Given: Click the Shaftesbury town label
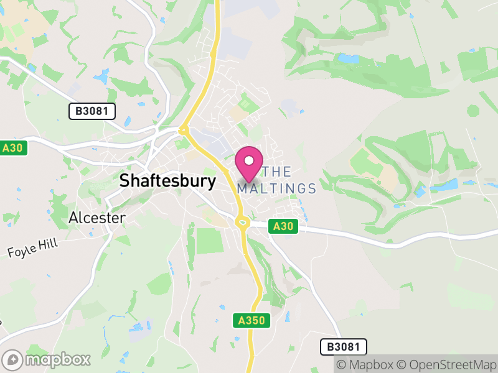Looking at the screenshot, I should point(167,181).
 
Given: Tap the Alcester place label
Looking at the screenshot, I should point(96,218).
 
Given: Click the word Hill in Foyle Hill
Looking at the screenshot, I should point(49,242).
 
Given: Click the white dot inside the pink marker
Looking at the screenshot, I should point(249,160).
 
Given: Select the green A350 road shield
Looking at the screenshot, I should point(253,321).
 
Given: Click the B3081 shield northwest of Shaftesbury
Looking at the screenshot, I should point(92,111).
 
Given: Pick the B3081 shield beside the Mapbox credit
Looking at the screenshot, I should point(344,347).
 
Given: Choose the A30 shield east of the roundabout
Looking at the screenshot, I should point(283,228).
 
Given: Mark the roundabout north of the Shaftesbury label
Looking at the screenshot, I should point(183,131).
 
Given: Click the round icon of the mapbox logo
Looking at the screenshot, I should point(13,359).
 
